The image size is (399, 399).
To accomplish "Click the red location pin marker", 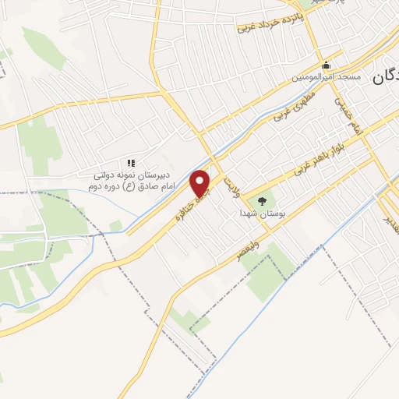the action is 202,184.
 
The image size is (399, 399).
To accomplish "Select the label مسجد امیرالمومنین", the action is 327,77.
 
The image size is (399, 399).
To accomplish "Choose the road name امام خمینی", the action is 348,117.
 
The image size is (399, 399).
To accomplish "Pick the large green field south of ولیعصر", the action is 269,269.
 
